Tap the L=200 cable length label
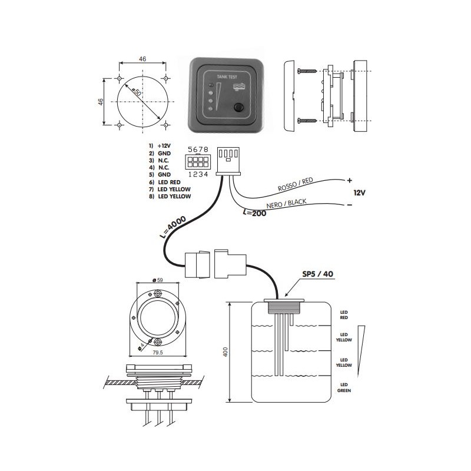(255, 213)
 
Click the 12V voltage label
(360, 193)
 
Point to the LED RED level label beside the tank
(344, 314)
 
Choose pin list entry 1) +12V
(160, 145)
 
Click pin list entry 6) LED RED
(164, 183)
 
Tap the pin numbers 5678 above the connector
(197, 150)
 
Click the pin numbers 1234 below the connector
(197, 174)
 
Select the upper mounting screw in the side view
(307, 71)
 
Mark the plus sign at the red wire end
(349, 180)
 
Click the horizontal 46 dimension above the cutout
(142, 58)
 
